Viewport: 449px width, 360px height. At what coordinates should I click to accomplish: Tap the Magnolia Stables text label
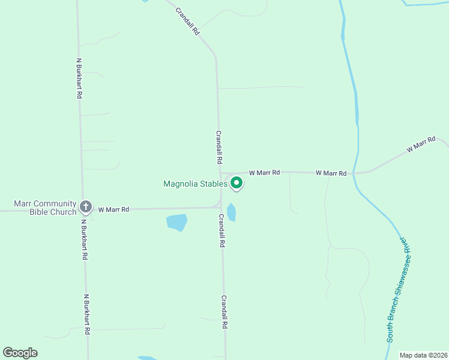click(x=195, y=184)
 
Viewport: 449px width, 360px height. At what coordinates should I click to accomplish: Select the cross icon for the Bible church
click(x=85, y=208)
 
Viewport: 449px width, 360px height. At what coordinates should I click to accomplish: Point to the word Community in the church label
click(x=55, y=203)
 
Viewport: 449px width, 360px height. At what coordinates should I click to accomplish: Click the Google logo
click(x=20, y=353)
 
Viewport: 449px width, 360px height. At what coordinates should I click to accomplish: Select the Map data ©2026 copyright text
click(x=423, y=355)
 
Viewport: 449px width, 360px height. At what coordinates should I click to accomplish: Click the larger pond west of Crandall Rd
click(x=176, y=222)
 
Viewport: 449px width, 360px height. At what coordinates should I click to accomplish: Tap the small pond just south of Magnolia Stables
click(x=231, y=212)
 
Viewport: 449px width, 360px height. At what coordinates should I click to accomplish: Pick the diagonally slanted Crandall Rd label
click(x=187, y=21)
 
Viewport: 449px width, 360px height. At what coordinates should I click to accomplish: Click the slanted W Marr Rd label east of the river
click(x=420, y=144)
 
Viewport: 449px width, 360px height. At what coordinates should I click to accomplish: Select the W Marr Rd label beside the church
click(x=113, y=209)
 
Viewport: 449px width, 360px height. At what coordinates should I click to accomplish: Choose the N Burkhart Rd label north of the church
click(x=79, y=78)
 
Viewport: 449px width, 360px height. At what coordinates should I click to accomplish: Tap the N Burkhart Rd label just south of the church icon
click(x=85, y=239)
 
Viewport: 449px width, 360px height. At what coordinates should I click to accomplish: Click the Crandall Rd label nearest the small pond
click(x=222, y=231)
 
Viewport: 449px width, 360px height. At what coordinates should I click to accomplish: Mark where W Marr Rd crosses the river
click(x=354, y=173)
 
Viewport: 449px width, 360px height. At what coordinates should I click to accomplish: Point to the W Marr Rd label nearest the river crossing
click(x=331, y=173)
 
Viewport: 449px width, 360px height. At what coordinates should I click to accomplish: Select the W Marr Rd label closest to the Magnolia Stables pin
click(x=264, y=172)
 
